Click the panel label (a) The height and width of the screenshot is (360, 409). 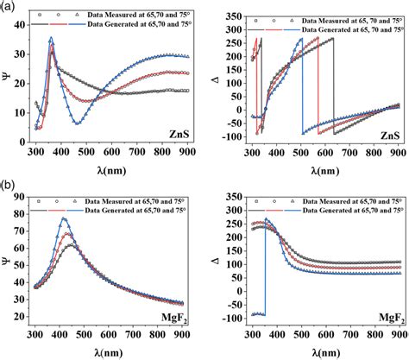click(8, 6)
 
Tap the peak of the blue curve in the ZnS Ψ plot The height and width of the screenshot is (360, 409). click(51, 39)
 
